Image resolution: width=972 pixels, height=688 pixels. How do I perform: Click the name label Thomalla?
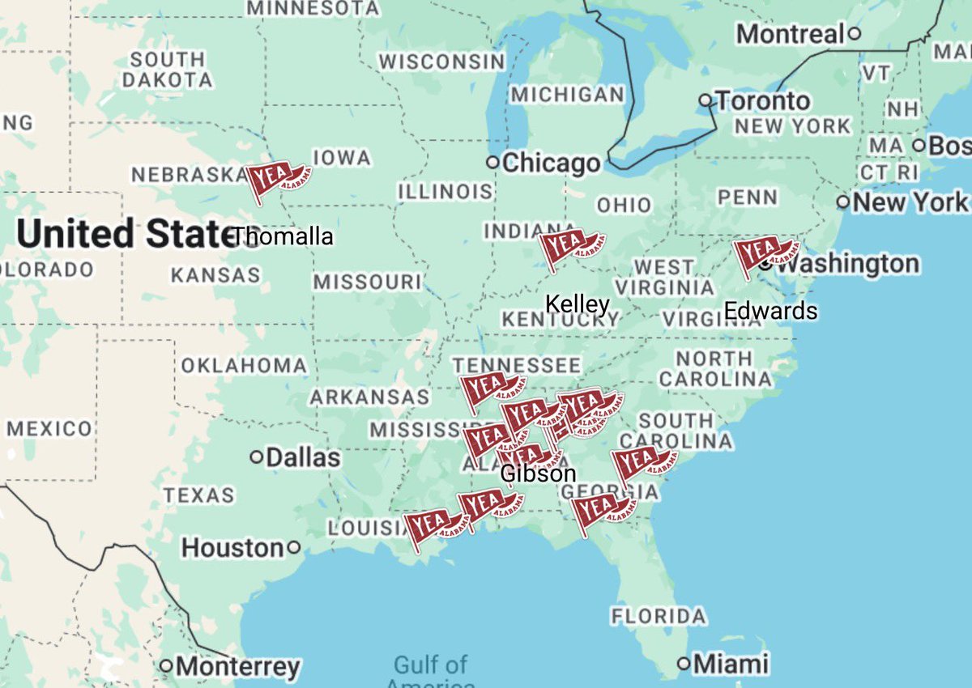click(x=283, y=237)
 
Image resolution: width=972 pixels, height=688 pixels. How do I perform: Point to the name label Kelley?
click(x=577, y=304)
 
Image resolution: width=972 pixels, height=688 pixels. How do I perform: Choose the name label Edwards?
click(x=770, y=311)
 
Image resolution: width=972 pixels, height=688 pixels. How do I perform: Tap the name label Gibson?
click(x=539, y=474)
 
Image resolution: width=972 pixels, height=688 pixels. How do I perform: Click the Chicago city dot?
click(x=492, y=162)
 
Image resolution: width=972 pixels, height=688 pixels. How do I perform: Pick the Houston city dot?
click(x=294, y=548)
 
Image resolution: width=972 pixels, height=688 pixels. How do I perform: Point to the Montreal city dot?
click(x=854, y=34)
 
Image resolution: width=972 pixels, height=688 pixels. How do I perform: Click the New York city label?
click(x=910, y=202)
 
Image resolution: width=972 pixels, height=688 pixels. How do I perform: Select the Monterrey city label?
click(x=237, y=667)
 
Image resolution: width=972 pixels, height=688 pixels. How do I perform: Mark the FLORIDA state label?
click(x=658, y=616)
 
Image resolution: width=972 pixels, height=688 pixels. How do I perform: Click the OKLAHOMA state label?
click(x=244, y=366)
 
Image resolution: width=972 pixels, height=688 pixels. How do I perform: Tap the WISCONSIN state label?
click(x=442, y=62)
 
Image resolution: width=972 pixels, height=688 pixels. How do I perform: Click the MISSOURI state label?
click(x=368, y=282)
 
